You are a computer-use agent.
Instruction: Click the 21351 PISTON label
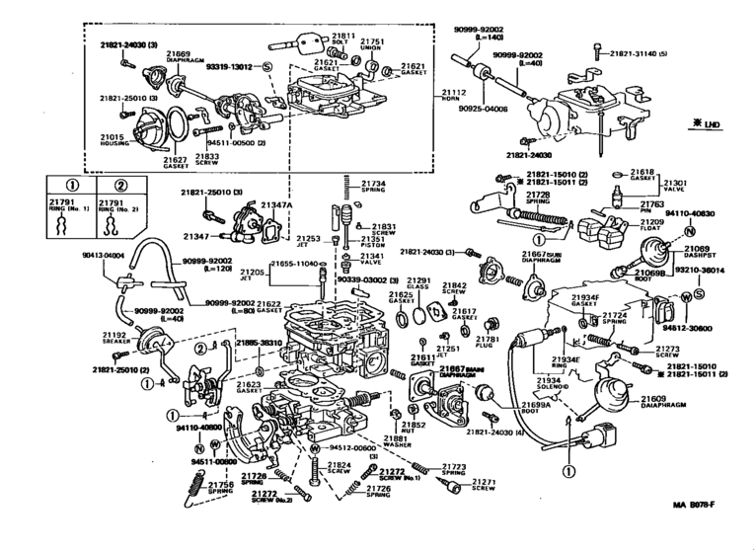pos(372,242)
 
